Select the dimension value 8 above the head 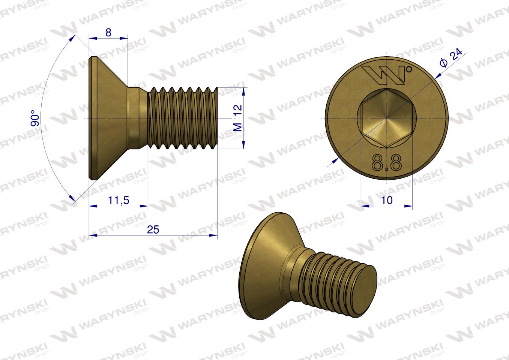coord(108,32)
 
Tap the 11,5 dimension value coord(119,201)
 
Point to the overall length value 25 coord(153,230)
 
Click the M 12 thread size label coord(238,118)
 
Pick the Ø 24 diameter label coord(452,58)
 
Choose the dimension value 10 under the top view coord(386,200)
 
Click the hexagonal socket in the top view coord(386,118)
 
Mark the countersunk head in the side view coord(107,118)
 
